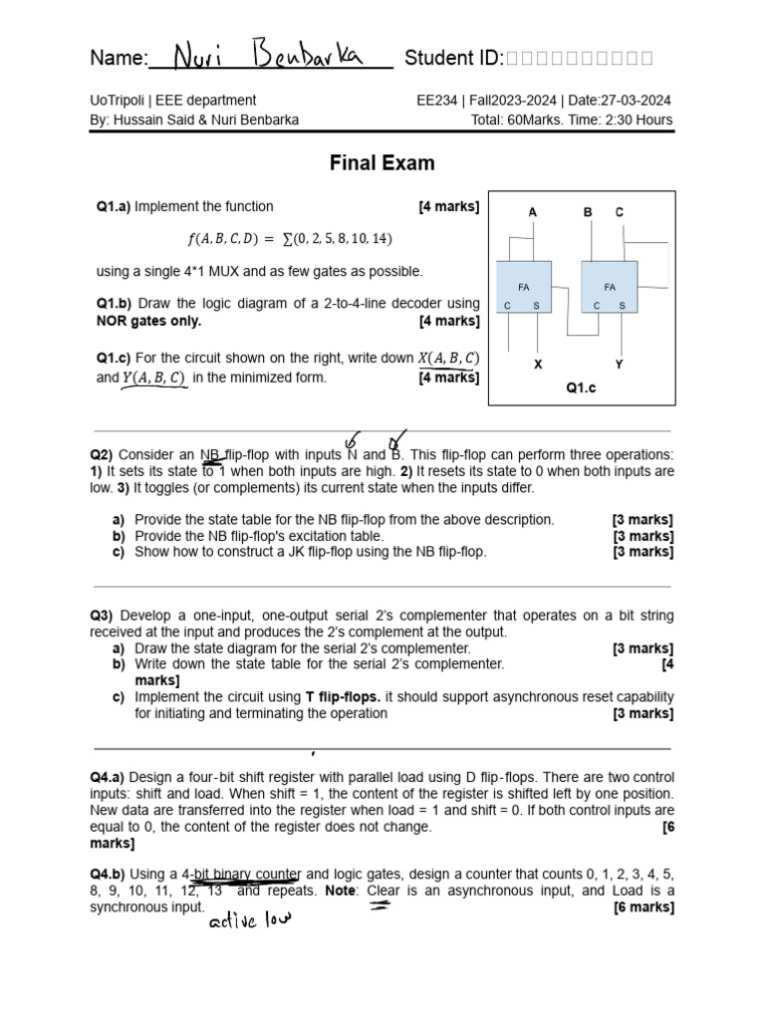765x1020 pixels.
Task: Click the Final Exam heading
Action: pyautogui.click(x=382, y=162)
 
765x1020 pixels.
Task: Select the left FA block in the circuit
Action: pyautogui.click(x=524, y=288)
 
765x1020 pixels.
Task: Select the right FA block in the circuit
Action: pyautogui.click(x=610, y=288)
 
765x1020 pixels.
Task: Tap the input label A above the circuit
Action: pyautogui.click(x=533, y=212)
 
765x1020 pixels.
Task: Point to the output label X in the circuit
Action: pyautogui.click(x=538, y=365)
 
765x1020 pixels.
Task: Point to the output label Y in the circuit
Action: pyautogui.click(x=619, y=365)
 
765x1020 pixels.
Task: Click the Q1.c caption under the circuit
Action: pyautogui.click(x=581, y=388)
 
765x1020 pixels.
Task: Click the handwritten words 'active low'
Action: pyautogui.click(x=249, y=919)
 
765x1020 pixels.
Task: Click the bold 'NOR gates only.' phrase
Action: pyautogui.click(x=148, y=321)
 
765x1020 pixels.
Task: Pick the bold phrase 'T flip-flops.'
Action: pyautogui.click(x=343, y=697)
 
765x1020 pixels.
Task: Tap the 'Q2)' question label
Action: pyautogui.click(x=102, y=454)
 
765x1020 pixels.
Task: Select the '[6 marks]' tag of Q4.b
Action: pyautogui.click(x=643, y=906)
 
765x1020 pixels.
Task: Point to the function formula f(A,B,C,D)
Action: pyautogui.click(x=290, y=238)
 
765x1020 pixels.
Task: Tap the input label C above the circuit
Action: pyautogui.click(x=620, y=212)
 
